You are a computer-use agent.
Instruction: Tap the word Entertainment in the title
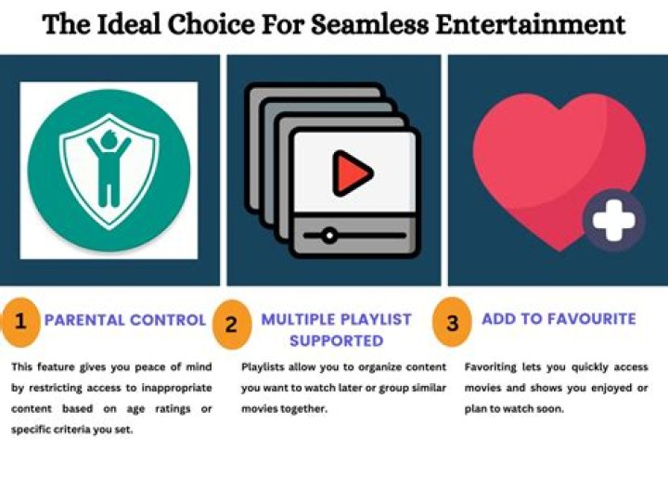[x=531, y=24]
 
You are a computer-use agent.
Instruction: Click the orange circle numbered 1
[x=20, y=322]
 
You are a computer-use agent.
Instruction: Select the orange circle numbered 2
[x=231, y=325]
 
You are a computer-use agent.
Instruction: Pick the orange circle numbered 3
[x=452, y=323]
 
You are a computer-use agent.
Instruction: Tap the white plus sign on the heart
[x=614, y=221]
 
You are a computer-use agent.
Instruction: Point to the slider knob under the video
[x=328, y=235]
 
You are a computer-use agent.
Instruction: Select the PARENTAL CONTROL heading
[x=125, y=320]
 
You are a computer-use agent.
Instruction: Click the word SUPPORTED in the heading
[x=337, y=340]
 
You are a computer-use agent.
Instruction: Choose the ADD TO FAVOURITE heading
[x=559, y=318]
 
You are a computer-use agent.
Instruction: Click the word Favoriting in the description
[x=490, y=367]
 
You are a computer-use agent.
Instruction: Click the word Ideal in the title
[x=130, y=24]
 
